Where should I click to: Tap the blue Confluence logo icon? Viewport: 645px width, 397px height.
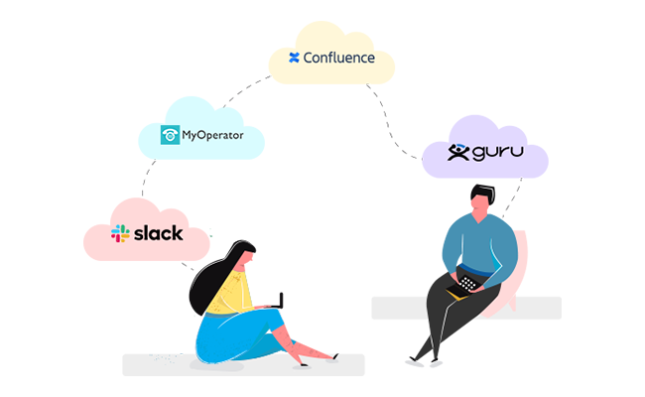294,58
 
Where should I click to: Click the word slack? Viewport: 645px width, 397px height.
159,233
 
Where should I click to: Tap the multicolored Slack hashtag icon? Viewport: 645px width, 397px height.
121,234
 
